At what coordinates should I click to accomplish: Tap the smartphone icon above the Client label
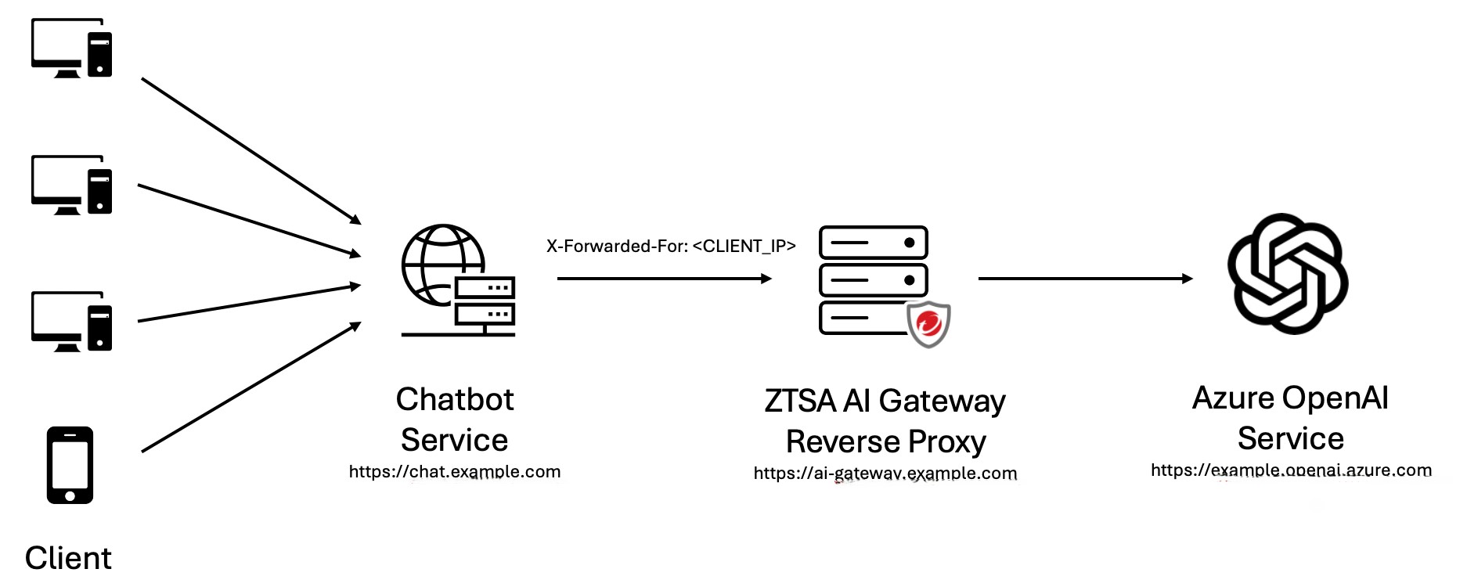tap(70, 465)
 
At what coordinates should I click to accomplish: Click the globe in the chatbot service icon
tap(438, 262)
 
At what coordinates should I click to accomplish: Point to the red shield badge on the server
tap(928, 324)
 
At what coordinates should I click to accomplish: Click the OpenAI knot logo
tap(1288, 274)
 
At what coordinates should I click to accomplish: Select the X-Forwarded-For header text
tap(671, 247)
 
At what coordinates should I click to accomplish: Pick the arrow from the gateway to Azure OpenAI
tap(1085, 279)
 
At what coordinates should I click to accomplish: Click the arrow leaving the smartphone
tap(251, 387)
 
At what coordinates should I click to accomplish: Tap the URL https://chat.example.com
tap(455, 472)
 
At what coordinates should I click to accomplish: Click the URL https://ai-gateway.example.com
tap(885, 474)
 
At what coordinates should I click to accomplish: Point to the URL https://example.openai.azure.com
tap(1291, 470)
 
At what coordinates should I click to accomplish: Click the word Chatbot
tap(455, 400)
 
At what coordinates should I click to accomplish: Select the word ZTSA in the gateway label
tap(799, 402)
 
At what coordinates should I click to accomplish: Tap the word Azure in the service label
tap(1233, 398)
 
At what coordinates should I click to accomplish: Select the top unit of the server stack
tap(873, 243)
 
